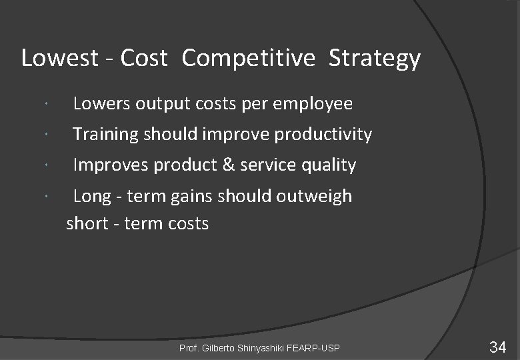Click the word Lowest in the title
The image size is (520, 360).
60,59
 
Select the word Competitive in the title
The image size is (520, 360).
248,59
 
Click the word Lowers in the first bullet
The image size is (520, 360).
103,104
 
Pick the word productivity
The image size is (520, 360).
323,135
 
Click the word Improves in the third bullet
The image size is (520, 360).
111,165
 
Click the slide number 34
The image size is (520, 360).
497,347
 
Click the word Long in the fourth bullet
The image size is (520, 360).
92,196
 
